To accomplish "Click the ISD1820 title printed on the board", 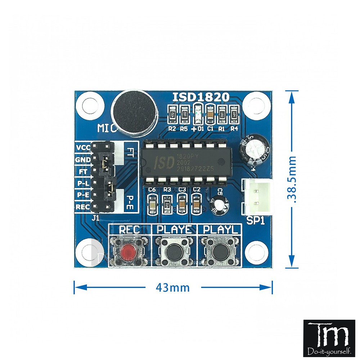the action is coord(201,97).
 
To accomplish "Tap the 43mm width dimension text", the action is coord(172,288).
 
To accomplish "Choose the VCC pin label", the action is coord(83,147).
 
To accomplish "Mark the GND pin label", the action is coord(83,159).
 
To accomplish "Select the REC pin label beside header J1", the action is coord(83,207).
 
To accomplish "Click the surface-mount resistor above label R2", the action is coord(172,114).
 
